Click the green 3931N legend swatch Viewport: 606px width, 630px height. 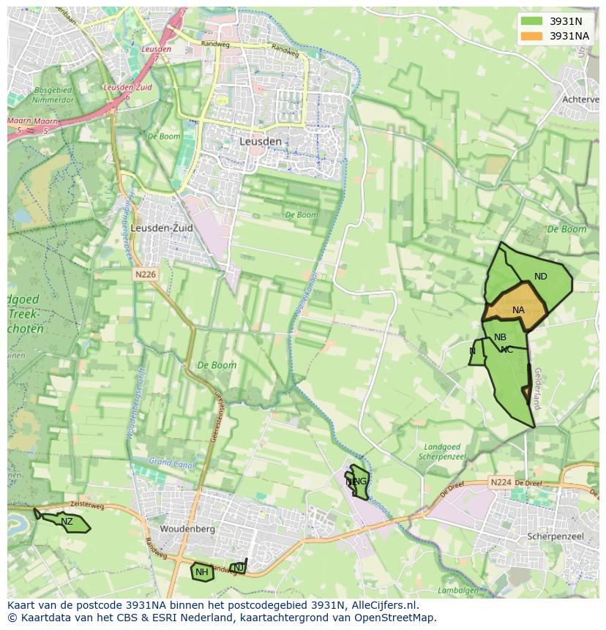532,21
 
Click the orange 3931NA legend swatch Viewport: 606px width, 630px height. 532,36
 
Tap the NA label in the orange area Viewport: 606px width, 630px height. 518,310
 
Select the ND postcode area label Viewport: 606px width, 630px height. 541,277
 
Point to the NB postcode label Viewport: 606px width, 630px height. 500,337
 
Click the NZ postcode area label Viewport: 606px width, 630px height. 67,522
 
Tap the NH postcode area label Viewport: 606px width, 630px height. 201,572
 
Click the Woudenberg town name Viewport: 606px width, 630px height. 187,528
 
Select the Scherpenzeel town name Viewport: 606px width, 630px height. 555,536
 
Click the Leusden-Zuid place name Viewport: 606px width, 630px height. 162,228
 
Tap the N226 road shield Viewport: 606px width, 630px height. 146,274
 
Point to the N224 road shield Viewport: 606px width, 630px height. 501,482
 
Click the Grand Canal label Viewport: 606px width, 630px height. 169,462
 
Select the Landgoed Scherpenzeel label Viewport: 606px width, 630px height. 439,451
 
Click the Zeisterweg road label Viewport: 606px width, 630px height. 88,505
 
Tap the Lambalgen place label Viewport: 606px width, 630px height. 458,590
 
